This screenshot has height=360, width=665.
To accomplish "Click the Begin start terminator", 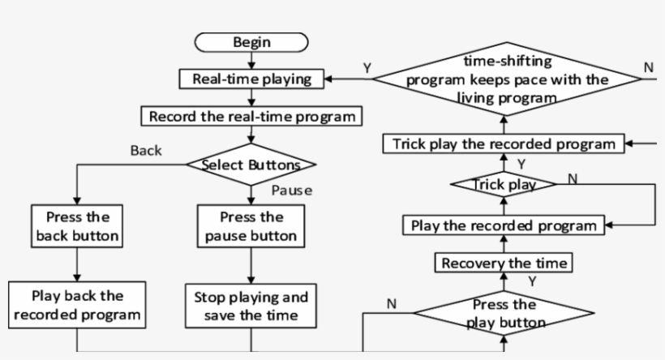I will coord(252,42).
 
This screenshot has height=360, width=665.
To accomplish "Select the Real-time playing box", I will coord(252,79).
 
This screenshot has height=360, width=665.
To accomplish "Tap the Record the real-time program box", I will coord(251,116).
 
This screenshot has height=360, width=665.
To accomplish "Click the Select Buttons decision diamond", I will coord(251,165).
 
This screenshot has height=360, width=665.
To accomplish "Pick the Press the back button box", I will coord(77,226).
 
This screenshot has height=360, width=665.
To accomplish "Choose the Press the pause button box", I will coord(251,226).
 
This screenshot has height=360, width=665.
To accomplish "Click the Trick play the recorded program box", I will coord(504,144).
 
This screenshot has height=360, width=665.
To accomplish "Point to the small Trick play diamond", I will coord(504,185).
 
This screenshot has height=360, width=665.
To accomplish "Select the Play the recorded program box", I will coord(504,225).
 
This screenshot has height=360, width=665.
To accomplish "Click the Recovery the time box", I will coord(504,263).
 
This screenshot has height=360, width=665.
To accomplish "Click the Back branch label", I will coord(146,150).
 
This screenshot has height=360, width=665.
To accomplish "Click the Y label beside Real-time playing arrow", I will coord(367,68).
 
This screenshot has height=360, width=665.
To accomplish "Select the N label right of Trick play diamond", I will coord(573,178).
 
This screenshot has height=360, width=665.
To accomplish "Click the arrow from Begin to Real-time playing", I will coord(252,60).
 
